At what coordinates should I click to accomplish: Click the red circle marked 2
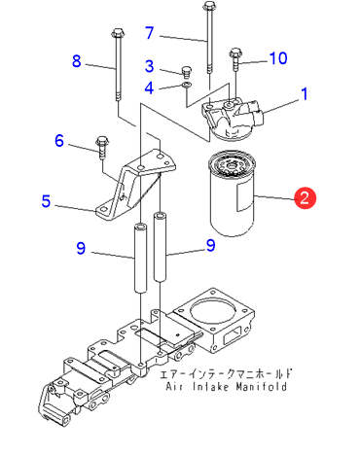(x=305, y=197)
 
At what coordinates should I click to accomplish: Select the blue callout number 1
(x=305, y=94)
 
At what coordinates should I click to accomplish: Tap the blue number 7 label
(x=149, y=33)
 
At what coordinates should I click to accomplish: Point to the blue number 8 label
(x=77, y=61)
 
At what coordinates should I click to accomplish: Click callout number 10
(x=278, y=58)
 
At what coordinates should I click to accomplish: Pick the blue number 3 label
(x=149, y=66)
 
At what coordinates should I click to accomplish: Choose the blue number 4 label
(x=149, y=87)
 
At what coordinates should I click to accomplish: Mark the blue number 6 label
(x=59, y=141)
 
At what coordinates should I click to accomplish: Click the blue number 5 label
(x=46, y=201)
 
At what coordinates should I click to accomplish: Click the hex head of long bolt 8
(x=117, y=32)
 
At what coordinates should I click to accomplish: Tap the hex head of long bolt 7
(x=209, y=6)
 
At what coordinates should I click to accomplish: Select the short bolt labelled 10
(x=235, y=60)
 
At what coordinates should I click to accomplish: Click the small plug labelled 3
(x=187, y=72)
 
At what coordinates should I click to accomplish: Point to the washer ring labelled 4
(x=187, y=85)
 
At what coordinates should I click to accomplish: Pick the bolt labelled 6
(x=102, y=148)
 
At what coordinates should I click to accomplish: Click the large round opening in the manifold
(x=212, y=310)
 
